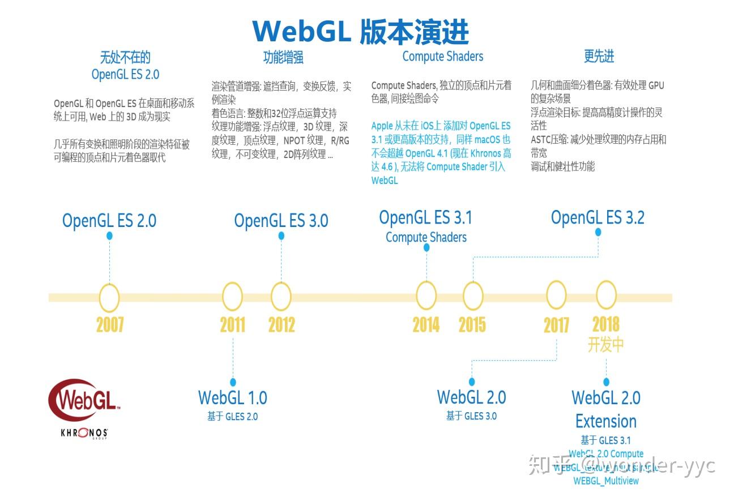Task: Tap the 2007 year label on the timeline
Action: [110, 325]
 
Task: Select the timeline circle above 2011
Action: [232, 296]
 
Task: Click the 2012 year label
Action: [281, 325]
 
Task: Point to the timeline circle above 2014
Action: [426, 296]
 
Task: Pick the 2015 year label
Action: [472, 325]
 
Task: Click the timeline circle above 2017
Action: [556, 296]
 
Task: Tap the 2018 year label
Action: [605, 324]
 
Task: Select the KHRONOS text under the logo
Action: [84, 434]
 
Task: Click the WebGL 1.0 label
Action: [233, 397]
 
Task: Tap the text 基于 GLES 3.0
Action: [471, 416]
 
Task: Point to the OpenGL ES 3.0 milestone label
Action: [281, 221]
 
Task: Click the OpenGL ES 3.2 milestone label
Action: [598, 218]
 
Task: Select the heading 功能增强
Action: [283, 57]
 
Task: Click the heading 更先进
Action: [599, 57]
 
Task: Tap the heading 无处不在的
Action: [125, 57]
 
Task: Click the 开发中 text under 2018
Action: [605, 345]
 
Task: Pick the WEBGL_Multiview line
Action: [606, 481]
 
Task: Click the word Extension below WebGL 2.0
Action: [605, 422]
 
